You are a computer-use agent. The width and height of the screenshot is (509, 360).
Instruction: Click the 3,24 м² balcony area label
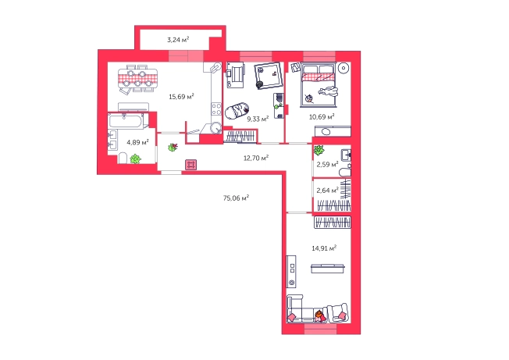178,40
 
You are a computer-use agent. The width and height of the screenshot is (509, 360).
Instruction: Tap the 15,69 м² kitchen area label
181,96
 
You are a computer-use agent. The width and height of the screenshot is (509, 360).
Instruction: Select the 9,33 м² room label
258,119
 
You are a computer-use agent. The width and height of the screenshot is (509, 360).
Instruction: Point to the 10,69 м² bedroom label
322,116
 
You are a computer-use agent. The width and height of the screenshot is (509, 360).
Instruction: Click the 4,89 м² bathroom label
137,142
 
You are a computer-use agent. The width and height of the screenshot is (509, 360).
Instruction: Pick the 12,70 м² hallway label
256,158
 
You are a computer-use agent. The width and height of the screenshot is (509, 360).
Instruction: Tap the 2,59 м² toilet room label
327,164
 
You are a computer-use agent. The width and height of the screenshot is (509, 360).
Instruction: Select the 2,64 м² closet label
327,191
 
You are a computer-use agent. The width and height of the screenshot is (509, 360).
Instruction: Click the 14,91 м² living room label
324,248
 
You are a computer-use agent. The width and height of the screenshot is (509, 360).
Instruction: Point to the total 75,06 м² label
236,198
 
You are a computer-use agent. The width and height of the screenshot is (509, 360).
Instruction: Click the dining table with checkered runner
137,78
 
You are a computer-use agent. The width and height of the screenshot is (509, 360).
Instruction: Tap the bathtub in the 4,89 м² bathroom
126,121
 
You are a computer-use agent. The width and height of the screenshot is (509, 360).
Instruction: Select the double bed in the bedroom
319,85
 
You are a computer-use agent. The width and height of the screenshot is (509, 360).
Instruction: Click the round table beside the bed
343,68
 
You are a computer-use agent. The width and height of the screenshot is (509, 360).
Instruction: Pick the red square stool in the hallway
190,165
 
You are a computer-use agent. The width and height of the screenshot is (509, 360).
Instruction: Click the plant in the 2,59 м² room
319,150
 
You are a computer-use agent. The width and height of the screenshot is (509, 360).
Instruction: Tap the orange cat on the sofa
319,315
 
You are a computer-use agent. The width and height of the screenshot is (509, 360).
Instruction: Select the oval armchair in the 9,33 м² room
237,111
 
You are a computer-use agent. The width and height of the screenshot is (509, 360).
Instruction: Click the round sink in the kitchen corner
215,127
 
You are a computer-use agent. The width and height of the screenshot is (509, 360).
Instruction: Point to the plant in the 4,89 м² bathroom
135,159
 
